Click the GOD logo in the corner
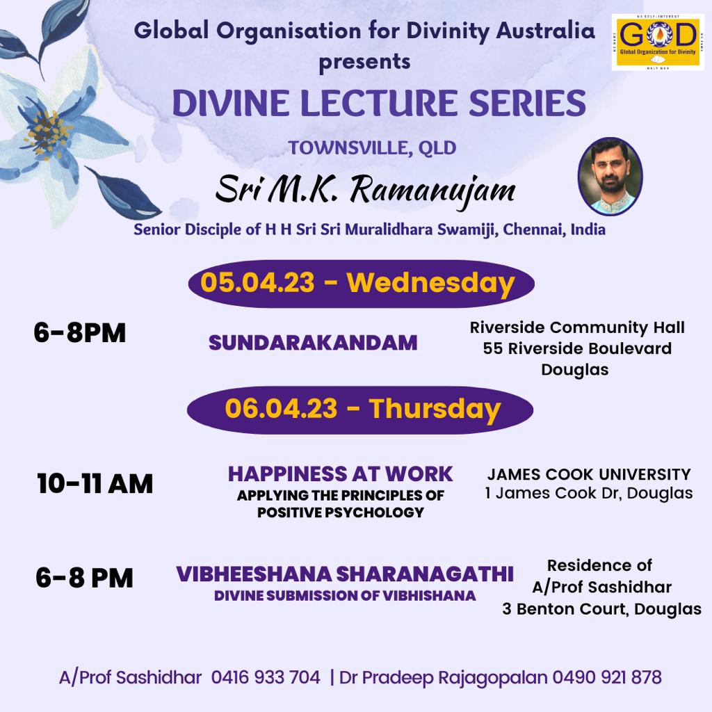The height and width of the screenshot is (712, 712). (x=658, y=42)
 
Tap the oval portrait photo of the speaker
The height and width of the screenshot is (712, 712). (x=610, y=176)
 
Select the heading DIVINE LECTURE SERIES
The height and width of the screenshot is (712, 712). (x=379, y=103)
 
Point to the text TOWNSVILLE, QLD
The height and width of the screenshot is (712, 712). (x=373, y=148)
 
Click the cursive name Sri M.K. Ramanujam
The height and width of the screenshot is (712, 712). (x=366, y=191)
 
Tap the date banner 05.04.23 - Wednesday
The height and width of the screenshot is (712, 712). (x=361, y=284)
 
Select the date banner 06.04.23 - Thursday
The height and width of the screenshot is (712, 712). (x=360, y=410)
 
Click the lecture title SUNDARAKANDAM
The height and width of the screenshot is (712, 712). (x=313, y=343)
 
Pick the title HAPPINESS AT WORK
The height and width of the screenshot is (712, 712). (x=341, y=474)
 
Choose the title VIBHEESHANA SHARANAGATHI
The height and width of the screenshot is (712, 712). (x=345, y=574)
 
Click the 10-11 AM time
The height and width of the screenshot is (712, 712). (x=95, y=483)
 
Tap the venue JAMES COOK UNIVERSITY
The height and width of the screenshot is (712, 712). (x=589, y=474)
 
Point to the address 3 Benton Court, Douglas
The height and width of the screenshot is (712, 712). (x=601, y=609)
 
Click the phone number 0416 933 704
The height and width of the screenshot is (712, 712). (x=266, y=677)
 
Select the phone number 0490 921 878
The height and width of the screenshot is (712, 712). (x=607, y=677)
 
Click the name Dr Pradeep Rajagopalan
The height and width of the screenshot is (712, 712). (x=443, y=677)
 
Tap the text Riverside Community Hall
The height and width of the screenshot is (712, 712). (x=577, y=327)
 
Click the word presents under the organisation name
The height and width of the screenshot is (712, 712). (x=364, y=62)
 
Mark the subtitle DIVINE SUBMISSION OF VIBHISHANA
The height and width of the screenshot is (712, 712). (x=345, y=596)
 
